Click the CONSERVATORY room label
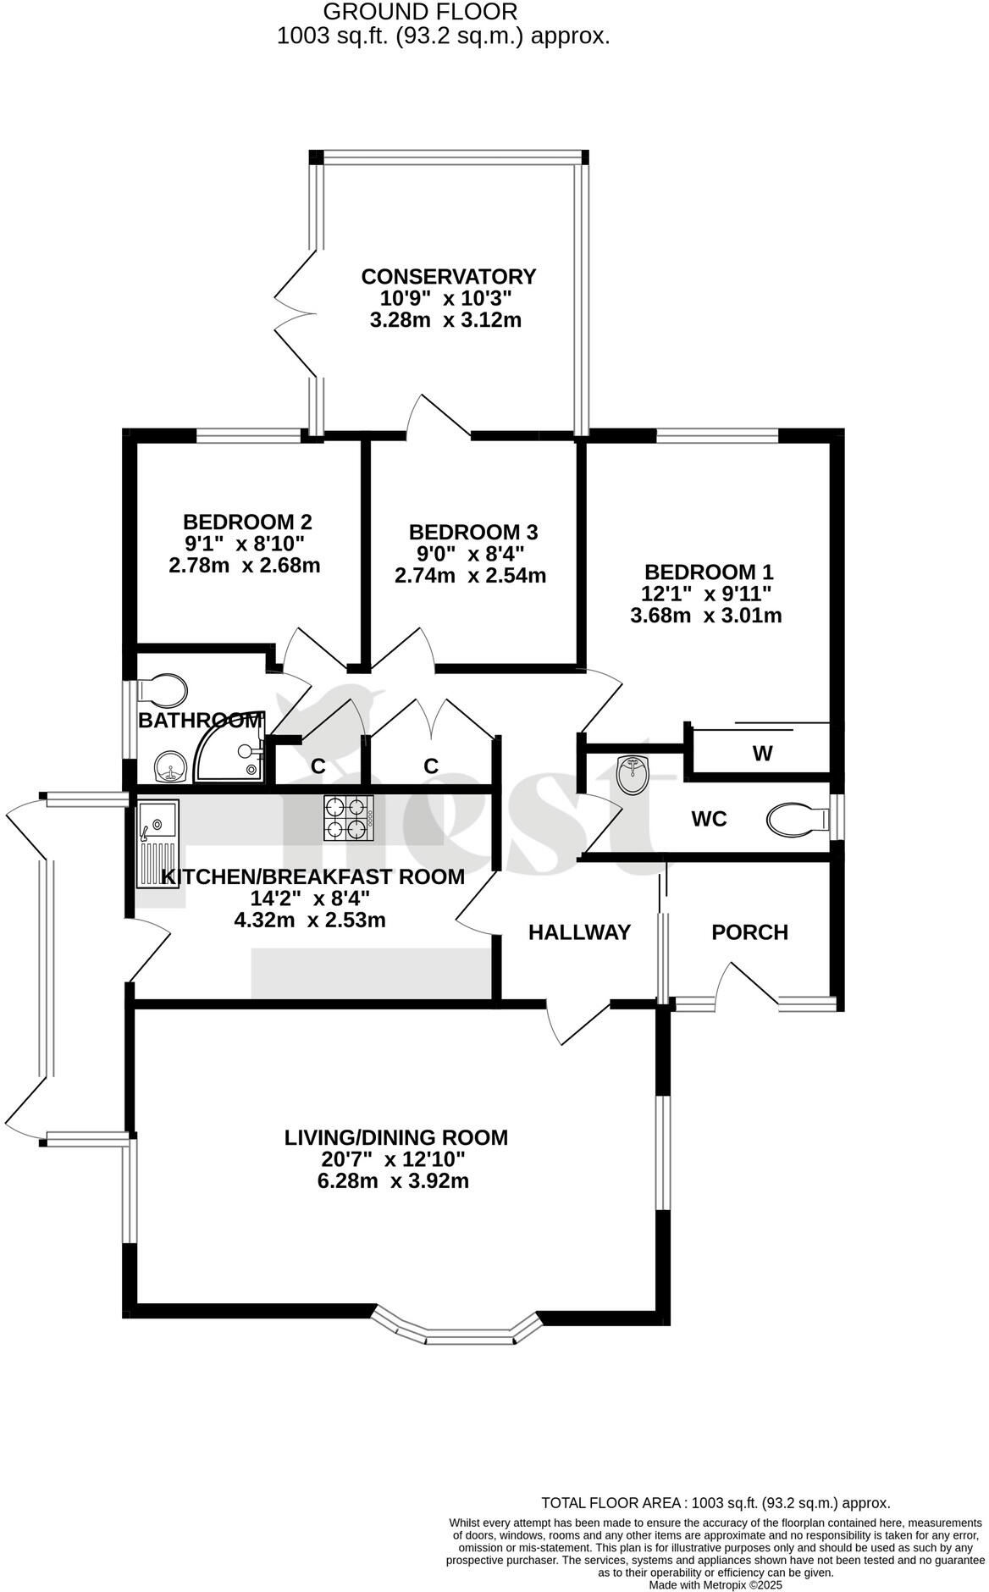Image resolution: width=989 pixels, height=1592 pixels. click(448, 277)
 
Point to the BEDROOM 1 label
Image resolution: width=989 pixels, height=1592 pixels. click(708, 572)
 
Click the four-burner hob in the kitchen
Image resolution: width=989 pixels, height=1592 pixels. click(348, 818)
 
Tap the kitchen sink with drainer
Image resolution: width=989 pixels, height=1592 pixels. click(157, 842)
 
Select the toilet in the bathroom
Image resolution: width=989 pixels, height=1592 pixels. click(163, 690)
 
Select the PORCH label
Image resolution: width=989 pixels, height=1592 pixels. click(749, 932)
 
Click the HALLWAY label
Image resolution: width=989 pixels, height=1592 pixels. click(579, 932)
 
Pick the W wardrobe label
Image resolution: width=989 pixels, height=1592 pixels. click(762, 753)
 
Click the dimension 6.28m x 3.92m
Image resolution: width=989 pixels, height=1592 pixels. click(393, 1181)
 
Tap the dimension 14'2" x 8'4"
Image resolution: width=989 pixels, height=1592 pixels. click(310, 898)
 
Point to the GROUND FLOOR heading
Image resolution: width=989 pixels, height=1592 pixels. click(420, 12)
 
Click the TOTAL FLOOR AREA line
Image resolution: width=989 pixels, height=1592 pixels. click(716, 1503)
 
